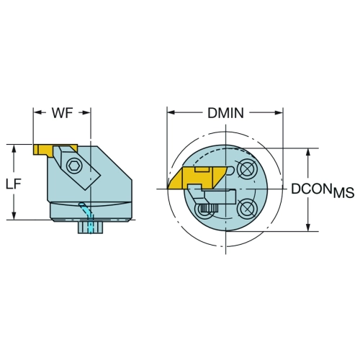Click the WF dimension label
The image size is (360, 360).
(x=63, y=113)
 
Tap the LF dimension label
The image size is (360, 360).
(x=14, y=184)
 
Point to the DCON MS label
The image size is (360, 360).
(x=323, y=190)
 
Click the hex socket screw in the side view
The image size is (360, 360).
(x=74, y=166)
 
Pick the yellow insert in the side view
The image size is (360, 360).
(x=55, y=150)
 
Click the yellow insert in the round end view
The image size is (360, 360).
(x=197, y=178)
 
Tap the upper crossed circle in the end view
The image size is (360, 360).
(x=246, y=169)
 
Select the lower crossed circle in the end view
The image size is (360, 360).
(x=246, y=207)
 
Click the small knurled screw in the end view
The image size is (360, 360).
(x=209, y=208)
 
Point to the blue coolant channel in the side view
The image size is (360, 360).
(x=87, y=217)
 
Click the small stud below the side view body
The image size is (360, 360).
(x=91, y=228)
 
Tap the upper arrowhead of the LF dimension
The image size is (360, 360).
(x=14, y=149)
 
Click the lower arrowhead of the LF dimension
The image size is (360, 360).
(x=14, y=215)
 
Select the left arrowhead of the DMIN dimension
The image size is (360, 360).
(x=171, y=112)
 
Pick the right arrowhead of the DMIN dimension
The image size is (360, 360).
(x=279, y=112)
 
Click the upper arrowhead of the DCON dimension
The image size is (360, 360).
(x=308, y=153)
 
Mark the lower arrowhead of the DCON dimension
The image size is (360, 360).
(x=308, y=228)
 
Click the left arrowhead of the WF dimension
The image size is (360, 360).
(x=37, y=112)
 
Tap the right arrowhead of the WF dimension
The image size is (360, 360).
(x=86, y=112)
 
